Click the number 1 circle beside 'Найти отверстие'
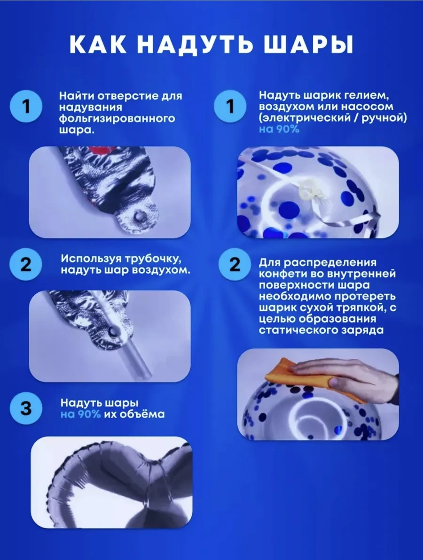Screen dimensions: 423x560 (x=26, y=107)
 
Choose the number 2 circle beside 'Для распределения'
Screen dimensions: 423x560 (x=234, y=265)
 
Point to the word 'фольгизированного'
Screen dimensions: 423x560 (x=117, y=119)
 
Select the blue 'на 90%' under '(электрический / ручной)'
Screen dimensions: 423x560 (x=279, y=129)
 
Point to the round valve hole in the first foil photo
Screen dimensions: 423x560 (x=138, y=216)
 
